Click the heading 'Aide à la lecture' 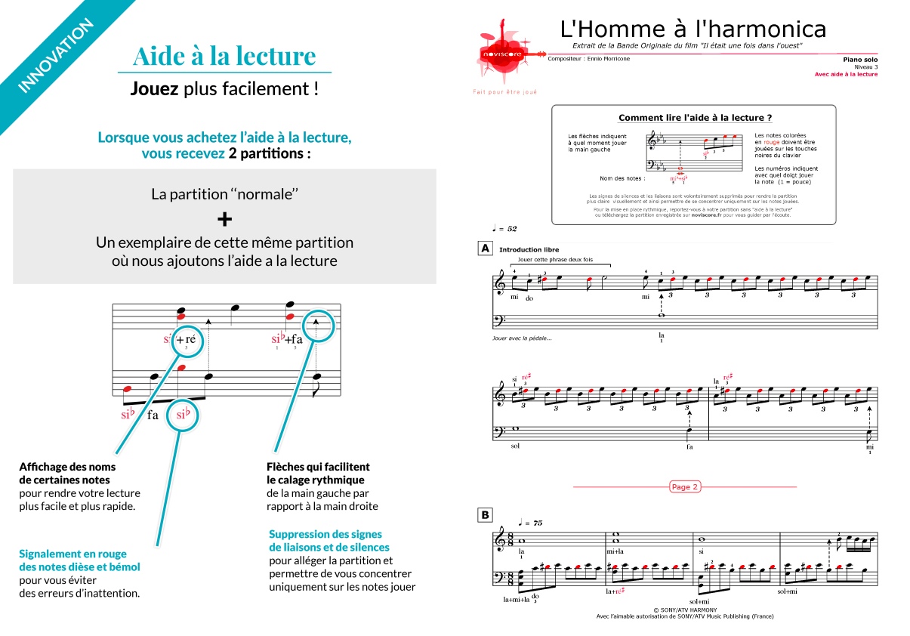coord(224,56)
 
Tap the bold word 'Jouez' coord(154,89)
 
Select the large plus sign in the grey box coord(224,219)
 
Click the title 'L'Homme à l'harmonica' coord(693,29)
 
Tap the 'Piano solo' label coord(860,59)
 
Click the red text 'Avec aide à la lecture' coord(846,74)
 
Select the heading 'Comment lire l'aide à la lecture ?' coord(695,118)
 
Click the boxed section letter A coord(484,248)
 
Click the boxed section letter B coord(484,515)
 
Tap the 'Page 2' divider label coord(684,487)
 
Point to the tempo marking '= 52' coord(507,228)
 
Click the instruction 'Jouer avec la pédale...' coord(522,338)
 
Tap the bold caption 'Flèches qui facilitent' coord(318,467)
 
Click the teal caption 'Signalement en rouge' coord(72,554)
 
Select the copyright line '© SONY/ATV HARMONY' coord(685,609)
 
